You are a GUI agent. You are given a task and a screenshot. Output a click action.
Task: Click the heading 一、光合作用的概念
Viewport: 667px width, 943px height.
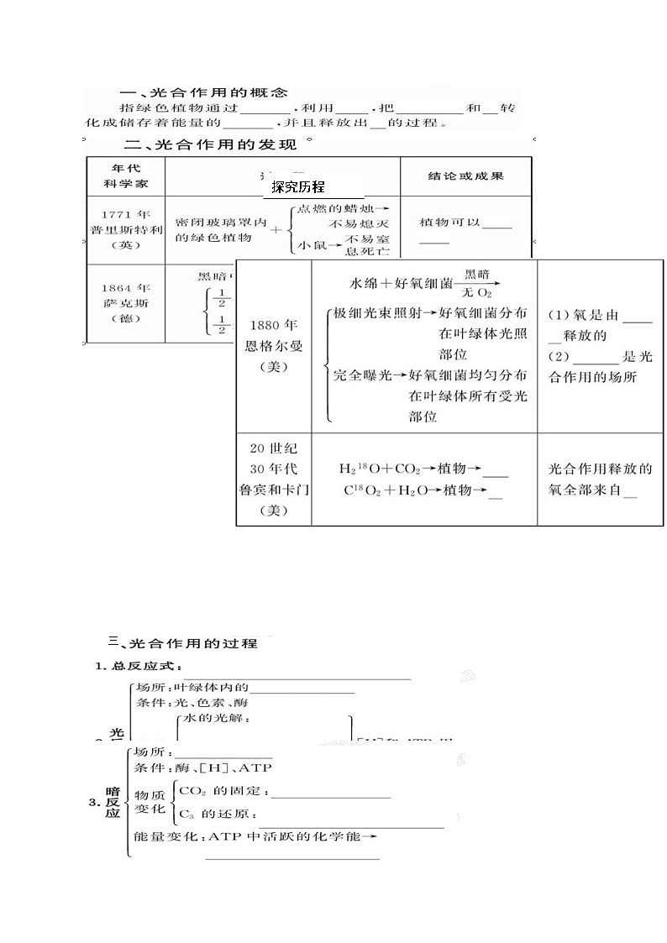pos(204,92)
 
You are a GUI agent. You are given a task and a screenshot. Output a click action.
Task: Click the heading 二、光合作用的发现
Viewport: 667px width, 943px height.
pos(210,144)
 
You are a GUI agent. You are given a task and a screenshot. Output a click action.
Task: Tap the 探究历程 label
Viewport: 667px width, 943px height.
pos(298,187)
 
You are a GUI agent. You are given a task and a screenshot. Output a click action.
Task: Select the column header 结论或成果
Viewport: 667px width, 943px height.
pos(465,176)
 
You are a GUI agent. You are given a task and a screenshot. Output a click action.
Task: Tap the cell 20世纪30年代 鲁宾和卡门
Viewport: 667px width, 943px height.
pos(273,479)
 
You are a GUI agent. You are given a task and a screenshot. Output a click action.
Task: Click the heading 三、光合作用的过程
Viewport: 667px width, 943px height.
pos(183,643)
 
